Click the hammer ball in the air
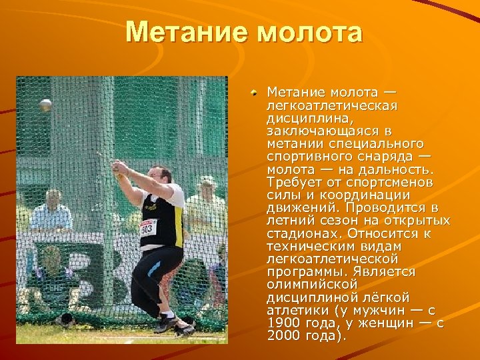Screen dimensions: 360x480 tap(45, 105)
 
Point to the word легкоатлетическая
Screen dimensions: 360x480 tap(332, 106)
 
